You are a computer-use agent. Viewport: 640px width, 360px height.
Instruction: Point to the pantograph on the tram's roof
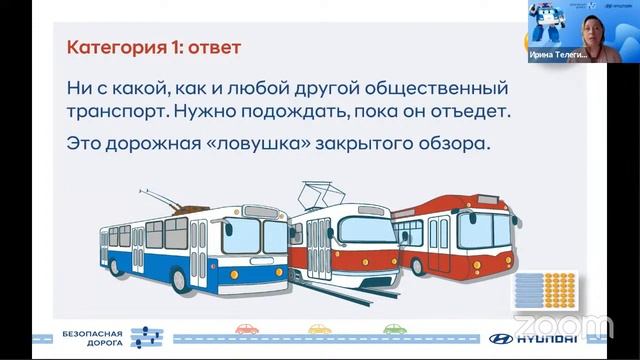point(326,192)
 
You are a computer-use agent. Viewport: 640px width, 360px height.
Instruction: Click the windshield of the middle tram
point(366,231)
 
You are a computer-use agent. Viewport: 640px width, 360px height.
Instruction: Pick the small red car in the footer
point(246,328)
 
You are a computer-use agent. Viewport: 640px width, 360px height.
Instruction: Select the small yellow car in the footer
point(319,328)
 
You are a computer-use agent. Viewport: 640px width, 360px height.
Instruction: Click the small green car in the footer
point(395,328)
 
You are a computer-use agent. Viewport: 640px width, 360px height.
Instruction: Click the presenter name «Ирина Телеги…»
point(558,57)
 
